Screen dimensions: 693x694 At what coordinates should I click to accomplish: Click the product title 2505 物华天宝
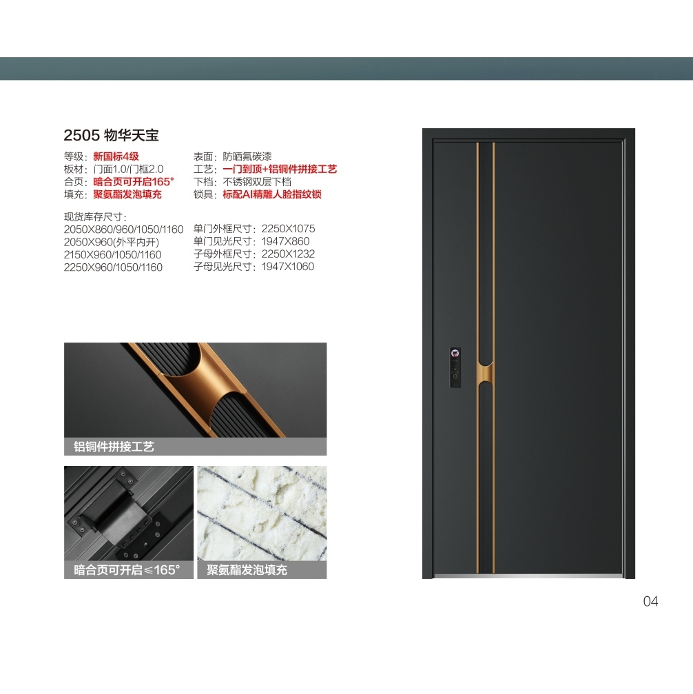111,135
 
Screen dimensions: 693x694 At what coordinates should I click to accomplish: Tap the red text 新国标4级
116,156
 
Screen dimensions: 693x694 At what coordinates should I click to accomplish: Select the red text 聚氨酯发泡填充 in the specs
127,194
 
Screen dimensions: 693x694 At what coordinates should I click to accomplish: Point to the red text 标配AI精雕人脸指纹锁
271,194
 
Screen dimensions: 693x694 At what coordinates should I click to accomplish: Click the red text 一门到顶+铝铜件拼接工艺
280,169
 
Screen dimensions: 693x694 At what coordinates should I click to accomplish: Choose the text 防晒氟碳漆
247,156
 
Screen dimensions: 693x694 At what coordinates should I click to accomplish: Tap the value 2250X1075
288,229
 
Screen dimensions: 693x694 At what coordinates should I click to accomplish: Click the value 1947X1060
288,267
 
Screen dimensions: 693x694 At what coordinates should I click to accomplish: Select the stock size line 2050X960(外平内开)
112,242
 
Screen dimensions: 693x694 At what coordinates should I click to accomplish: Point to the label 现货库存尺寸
94,217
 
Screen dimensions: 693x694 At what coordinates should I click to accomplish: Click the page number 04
650,601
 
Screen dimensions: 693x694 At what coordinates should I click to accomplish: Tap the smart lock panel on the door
455,367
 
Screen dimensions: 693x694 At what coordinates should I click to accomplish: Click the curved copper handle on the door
485,371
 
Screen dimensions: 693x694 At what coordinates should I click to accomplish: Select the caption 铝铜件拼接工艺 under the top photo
114,447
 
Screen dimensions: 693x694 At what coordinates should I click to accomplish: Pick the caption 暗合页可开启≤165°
127,570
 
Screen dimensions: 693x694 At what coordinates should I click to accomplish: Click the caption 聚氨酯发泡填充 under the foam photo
247,570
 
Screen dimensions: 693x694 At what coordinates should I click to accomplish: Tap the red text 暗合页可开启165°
134,181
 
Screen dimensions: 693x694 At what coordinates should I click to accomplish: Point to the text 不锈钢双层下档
257,181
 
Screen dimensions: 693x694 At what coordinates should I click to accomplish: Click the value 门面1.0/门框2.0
128,169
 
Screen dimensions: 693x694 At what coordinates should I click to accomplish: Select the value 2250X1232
288,254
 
